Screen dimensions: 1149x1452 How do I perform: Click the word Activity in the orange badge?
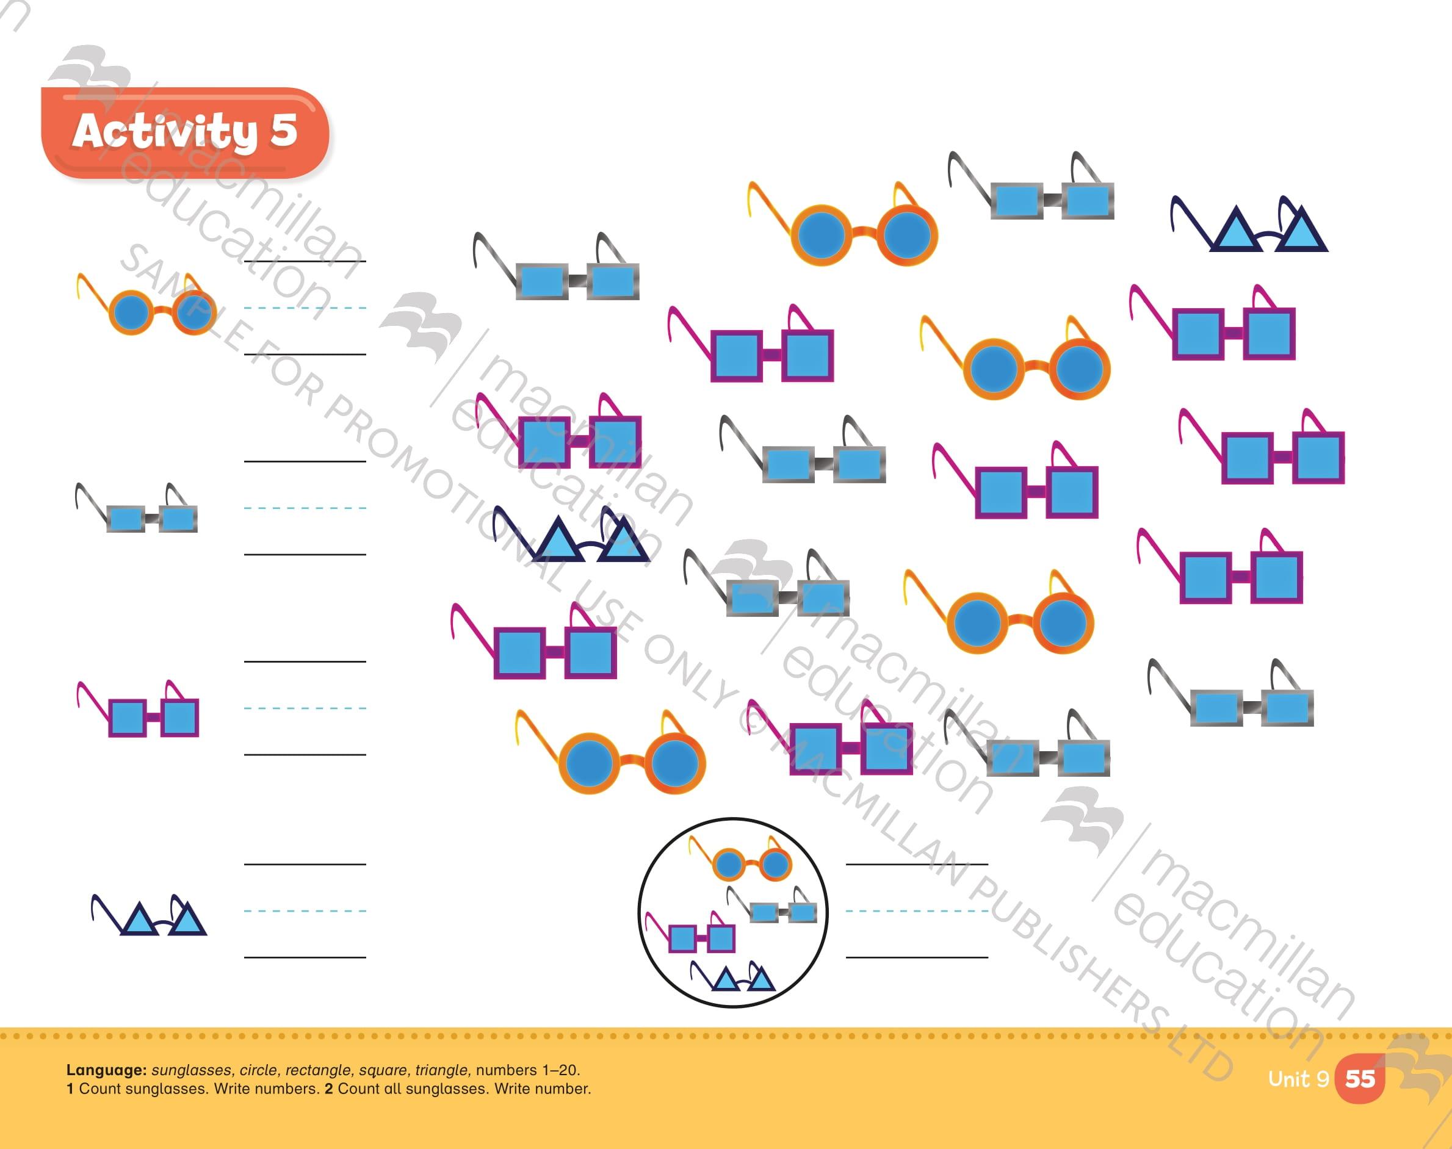coord(164,131)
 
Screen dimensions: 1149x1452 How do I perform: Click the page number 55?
coord(1360,1079)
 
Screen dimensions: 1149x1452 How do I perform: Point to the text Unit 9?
coord(1298,1079)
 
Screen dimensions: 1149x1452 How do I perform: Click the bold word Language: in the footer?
coord(106,1070)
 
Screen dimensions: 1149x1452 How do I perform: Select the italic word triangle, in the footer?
coord(442,1070)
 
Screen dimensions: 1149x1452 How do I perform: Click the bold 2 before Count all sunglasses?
coord(329,1089)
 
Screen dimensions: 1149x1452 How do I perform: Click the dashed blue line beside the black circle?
coord(916,911)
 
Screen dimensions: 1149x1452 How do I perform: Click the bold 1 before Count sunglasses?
coord(70,1089)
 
